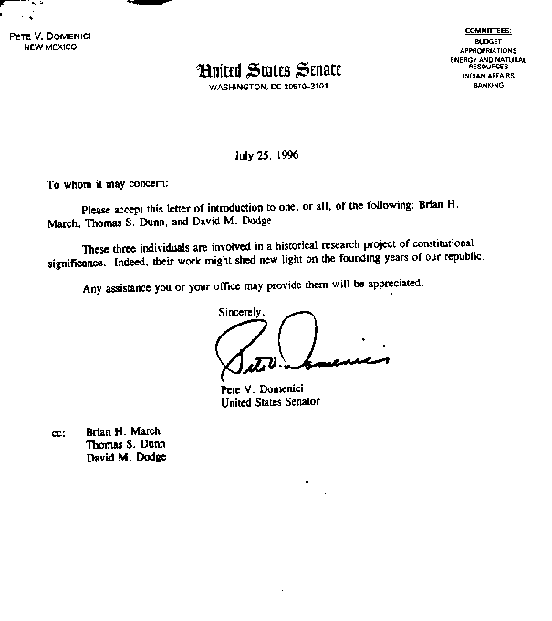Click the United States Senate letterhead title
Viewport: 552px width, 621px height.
(x=269, y=70)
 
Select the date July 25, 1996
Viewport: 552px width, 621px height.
(x=266, y=155)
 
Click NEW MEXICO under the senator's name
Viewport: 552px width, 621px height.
(x=50, y=47)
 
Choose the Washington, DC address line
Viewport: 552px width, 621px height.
(x=268, y=88)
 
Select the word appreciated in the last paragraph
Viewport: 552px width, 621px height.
(x=391, y=285)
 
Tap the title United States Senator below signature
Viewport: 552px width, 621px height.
(x=271, y=401)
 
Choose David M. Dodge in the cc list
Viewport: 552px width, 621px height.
(x=126, y=457)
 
